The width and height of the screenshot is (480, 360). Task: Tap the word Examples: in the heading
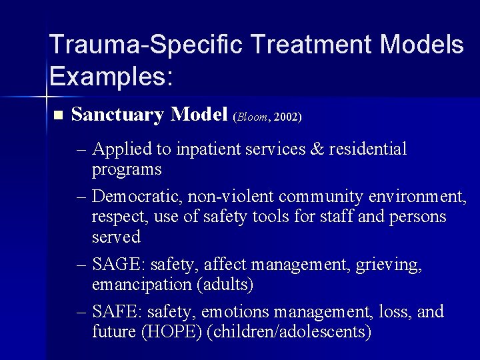pos(111,77)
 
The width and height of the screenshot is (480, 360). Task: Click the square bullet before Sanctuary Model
pos(57,115)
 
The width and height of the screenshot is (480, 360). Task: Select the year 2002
pos(285,117)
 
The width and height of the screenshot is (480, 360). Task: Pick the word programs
pos(127,169)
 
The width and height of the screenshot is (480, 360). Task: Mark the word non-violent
pos(231,197)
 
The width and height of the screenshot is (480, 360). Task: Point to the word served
pos(116,237)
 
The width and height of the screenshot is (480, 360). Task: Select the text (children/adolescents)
pos(289,332)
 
